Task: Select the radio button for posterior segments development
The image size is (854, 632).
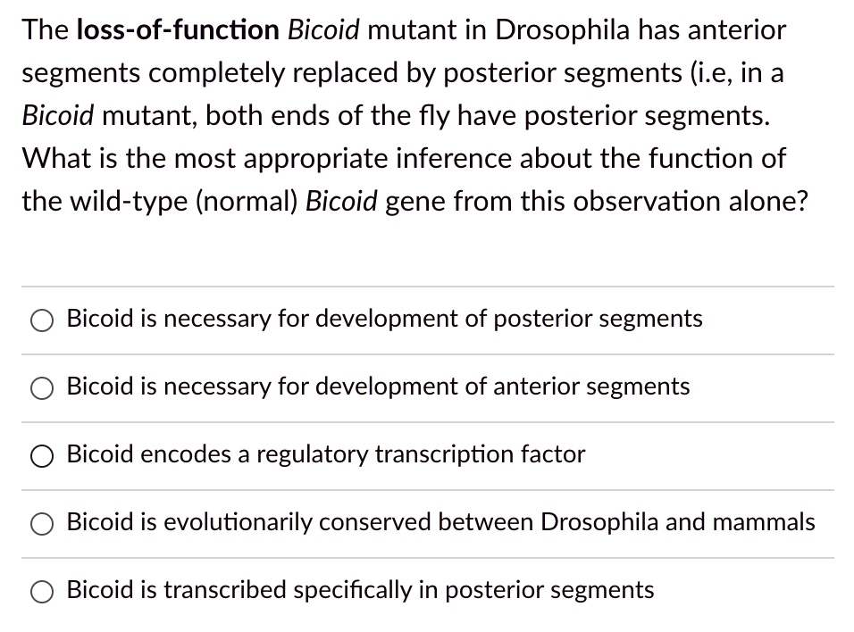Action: click(43, 320)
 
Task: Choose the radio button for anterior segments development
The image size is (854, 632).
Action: click(43, 387)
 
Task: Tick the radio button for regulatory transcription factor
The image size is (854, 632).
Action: click(43, 455)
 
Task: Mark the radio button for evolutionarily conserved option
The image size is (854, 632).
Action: click(43, 523)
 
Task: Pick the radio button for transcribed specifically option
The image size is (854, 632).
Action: click(43, 591)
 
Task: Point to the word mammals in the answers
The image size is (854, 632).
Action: click(766, 522)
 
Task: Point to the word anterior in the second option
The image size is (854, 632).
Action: click(532, 387)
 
